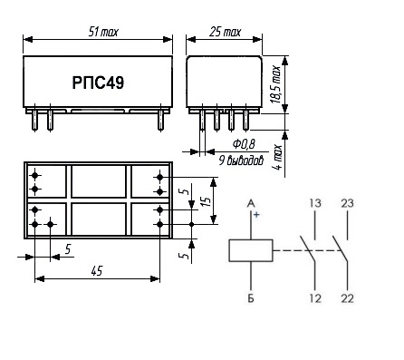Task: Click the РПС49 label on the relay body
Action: coord(98,83)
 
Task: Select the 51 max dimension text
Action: coord(103,32)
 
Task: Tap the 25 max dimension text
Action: coord(225,32)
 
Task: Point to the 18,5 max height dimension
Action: coord(276,84)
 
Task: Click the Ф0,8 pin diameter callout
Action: coord(244,144)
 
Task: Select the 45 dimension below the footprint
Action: coord(97,271)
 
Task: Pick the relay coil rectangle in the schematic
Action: coord(251,250)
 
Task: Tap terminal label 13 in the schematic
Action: coord(314,203)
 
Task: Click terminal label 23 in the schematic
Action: coord(347,203)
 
